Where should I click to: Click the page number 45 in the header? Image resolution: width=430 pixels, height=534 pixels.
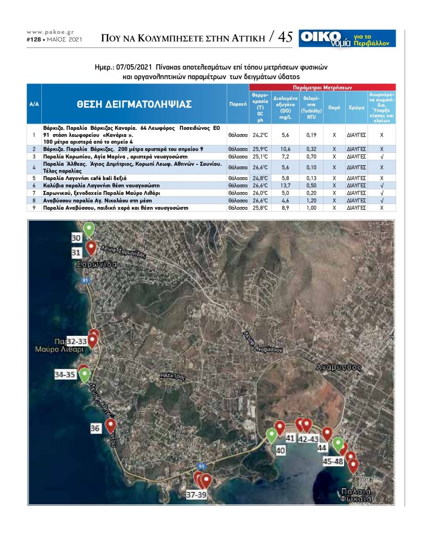pos(285,38)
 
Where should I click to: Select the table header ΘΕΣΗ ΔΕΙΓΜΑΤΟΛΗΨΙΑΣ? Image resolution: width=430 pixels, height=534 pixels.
pos(134,104)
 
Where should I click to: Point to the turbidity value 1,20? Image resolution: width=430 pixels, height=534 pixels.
pos(312,200)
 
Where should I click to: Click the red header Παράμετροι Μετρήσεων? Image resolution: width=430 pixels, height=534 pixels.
pos(323,87)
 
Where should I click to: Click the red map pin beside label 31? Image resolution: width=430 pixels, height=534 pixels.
pos(91,247)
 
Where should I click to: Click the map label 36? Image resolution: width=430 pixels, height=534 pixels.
pos(95,429)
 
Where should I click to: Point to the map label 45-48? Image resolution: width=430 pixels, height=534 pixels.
pos(333,461)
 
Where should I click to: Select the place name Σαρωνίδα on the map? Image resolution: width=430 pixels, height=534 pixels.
pos(95,264)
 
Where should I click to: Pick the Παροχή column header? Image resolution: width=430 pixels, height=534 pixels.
pos(238,104)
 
